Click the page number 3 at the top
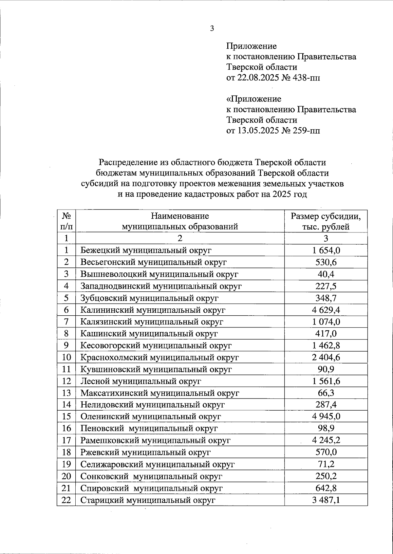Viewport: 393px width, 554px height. coord(212,29)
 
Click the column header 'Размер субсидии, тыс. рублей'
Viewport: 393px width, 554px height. coord(326,221)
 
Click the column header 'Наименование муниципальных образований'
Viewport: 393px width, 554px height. coord(180,221)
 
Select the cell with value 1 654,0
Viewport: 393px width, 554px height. coord(326,250)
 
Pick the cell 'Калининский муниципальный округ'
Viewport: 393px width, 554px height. coord(153,310)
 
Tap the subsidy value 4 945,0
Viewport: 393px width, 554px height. coord(326,416)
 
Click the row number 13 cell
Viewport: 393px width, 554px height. coord(66,393)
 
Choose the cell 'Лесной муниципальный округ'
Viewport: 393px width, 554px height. coord(141,381)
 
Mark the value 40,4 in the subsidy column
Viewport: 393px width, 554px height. coord(326,274)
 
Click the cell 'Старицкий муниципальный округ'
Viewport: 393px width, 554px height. coord(148,500)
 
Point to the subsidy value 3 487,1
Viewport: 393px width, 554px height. coord(326,500)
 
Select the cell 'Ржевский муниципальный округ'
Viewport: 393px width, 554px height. coord(145,452)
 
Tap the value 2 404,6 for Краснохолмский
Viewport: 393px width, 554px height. coord(326,357)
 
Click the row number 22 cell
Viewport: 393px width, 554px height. coord(66,500)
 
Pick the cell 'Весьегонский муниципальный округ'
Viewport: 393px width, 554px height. coord(154,262)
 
